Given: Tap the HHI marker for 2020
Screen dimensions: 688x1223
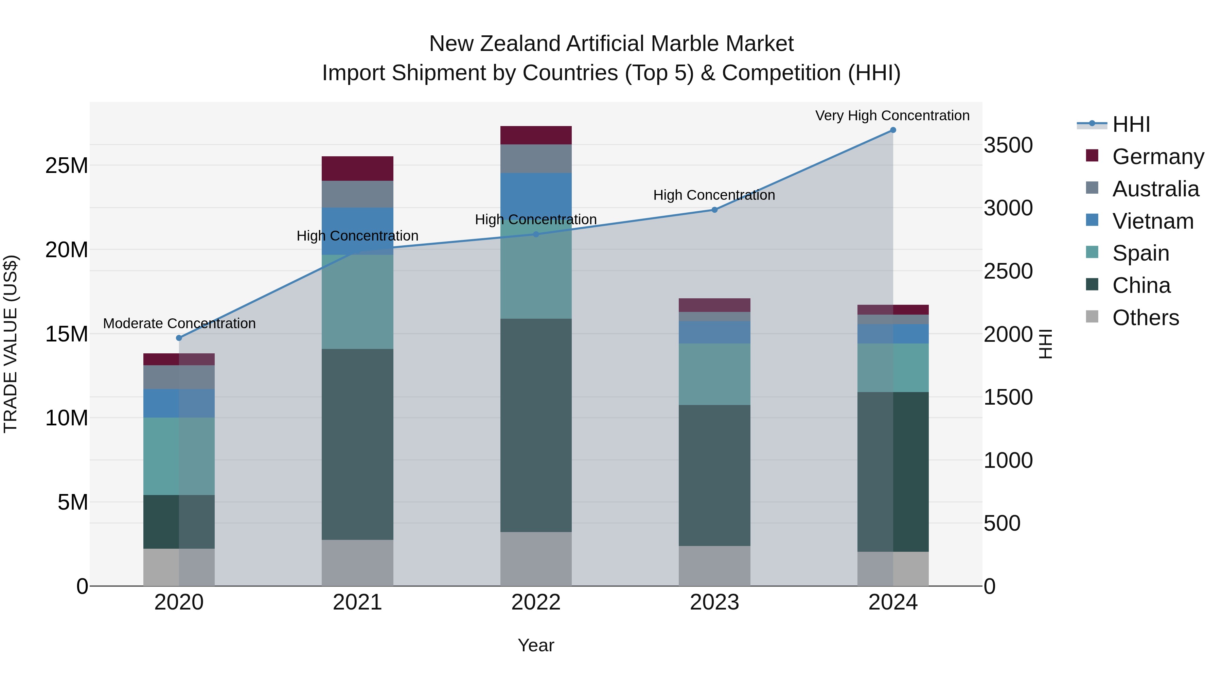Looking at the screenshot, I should tap(179, 338).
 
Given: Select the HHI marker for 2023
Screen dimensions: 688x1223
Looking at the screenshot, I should tap(714, 210).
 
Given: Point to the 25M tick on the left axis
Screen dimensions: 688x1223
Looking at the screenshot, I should tap(67, 166).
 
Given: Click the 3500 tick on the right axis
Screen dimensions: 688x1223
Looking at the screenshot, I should tap(1008, 145).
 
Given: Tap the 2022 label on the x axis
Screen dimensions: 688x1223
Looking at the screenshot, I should tap(536, 602).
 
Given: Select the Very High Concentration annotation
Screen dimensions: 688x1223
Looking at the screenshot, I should tap(892, 116).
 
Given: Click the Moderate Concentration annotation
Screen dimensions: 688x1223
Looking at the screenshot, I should tap(179, 323).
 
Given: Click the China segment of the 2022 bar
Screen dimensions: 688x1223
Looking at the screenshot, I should tap(536, 425).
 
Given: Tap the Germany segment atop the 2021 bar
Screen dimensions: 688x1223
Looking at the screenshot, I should tap(357, 169).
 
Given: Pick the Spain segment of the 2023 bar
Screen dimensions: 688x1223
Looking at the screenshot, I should tap(714, 374).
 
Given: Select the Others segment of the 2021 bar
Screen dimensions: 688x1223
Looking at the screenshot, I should tap(357, 563).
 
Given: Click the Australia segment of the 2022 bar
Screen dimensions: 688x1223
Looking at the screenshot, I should tap(536, 159).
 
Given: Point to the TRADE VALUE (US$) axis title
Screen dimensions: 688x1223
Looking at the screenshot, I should tap(11, 344).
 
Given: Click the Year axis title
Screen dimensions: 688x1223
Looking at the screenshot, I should tap(536, 645).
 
